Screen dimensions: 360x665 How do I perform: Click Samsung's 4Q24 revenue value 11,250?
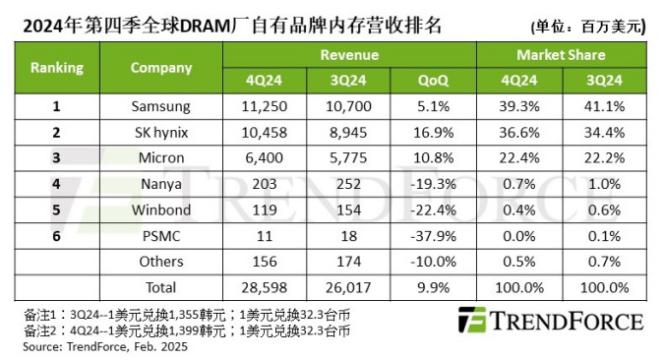click(266, 105)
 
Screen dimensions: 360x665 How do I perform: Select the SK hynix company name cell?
click(160, 132)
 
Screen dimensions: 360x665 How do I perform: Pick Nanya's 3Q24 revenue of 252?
click(350, 183)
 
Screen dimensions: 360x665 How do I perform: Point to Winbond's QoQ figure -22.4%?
click(433, 210)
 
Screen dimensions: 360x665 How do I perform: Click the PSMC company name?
click(160, 235)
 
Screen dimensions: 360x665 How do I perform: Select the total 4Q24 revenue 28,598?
click(266, 287)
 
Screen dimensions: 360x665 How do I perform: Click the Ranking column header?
click(57, 68)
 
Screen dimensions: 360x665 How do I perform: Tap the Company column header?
click(160, 68)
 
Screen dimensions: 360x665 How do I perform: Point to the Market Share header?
click(560, 55)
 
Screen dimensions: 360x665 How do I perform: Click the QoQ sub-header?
click(433, 81)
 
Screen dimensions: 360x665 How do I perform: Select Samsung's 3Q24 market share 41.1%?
click(603, 105)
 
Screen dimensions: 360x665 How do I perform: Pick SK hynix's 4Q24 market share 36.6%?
click(517, 132)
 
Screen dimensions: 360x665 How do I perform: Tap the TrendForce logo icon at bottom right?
click(473, 321)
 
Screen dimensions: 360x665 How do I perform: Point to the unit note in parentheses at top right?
click(587, 26)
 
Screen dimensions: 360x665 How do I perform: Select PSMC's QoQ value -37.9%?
click(433, 235)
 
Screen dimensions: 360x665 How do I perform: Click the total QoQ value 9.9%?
click(433, 287)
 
